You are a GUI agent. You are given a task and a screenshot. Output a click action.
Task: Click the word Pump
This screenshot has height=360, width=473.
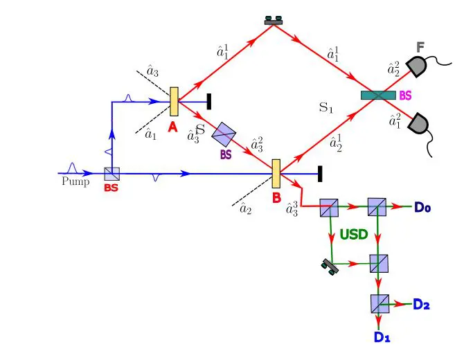(x=75, y=182)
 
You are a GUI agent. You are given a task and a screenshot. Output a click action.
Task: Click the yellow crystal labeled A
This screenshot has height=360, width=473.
(x=174, y=101)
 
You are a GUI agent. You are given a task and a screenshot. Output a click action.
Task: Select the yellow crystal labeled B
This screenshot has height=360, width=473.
(x=276, y=173)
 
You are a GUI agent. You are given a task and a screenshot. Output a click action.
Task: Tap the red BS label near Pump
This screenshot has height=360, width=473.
(x=111, y=188)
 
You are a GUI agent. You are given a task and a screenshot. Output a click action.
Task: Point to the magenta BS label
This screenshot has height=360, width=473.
(x=407, y=96)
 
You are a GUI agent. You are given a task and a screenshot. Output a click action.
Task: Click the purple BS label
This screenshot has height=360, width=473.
(x=226, y=155)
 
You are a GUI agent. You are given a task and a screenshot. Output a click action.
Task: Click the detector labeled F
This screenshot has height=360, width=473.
(x=418, y=66)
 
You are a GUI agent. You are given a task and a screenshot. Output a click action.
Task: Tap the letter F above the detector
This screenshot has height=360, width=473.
(x=420, y=47)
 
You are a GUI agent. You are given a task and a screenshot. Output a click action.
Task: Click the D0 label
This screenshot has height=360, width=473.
(x=423, y=206)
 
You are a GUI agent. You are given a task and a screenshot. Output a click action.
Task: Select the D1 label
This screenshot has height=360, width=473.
(x=382, y=337)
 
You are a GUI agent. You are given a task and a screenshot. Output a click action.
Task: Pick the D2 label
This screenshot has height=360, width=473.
(x=422, y=304)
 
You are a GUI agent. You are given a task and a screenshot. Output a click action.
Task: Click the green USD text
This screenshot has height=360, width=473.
(x=353, y=235)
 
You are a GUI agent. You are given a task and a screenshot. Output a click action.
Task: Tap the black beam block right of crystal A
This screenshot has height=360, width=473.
(x=209, y=101)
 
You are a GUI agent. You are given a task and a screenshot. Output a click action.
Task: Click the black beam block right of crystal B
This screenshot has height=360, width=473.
(x=319, y=173)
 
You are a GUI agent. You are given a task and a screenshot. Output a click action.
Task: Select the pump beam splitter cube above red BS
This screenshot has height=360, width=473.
(x=112, y=174)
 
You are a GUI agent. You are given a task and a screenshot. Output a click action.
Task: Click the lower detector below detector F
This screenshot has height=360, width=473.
(x=418, y=125)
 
